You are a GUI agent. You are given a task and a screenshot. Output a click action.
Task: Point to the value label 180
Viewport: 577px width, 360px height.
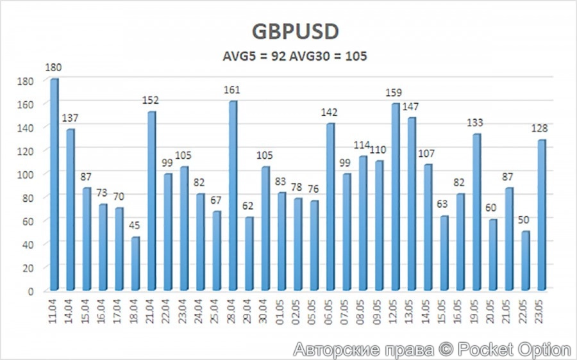(54, 67)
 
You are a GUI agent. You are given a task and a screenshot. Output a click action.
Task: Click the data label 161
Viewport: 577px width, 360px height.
(233, 90)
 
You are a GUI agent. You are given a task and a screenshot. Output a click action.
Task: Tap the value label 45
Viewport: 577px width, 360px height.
(135, 226)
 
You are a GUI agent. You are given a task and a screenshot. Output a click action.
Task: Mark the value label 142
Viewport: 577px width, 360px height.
(330, 113)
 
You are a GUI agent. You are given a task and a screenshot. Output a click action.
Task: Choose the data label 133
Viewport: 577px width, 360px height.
(476, 123)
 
